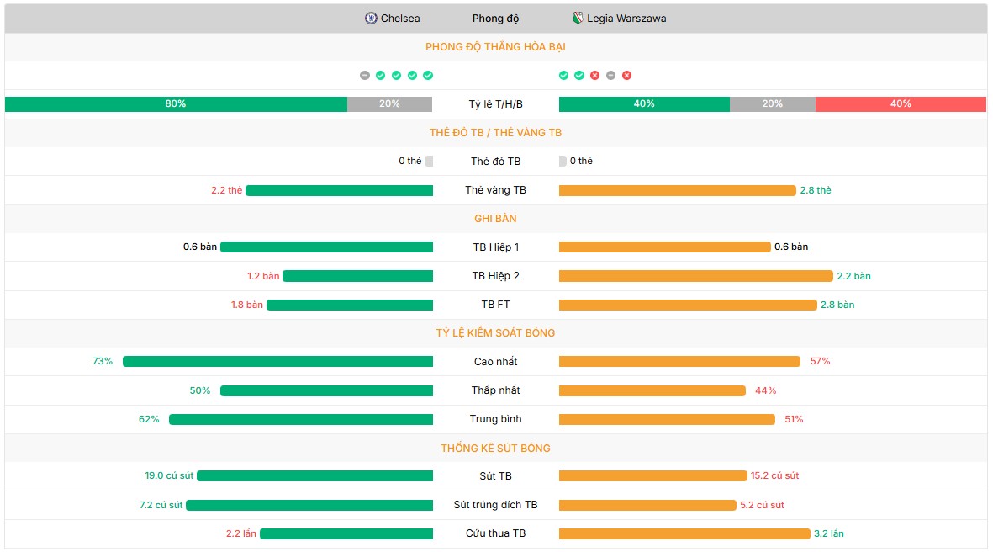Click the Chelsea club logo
click(x=371, y=19)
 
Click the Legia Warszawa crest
click(x=578, y=19)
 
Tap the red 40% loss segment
click(x=901, y=104)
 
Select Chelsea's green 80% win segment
click(x=176, y=104)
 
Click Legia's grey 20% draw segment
click(x=772, y=104)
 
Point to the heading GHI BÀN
click(x=495, y=219)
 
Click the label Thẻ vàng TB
click(x=495, y=190)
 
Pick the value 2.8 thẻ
click(x=816, y=190)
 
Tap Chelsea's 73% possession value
click(x=103, y=362)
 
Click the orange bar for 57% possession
click(x=679, y=362)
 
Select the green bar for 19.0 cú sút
click(x=314, y=476)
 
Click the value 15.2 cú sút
click(x=774, y=476)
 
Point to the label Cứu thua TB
click(x=495, y=533)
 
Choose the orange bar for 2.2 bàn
click(x=695, y=276)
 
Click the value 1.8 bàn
click(x=247, y=305)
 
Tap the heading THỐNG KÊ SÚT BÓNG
click(x=495, y=448)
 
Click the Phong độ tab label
click(x=495, y=19)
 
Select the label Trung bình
click(x=495, y=419)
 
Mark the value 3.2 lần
click(x=829, y=533)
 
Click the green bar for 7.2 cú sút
click(x=309, y=505)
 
